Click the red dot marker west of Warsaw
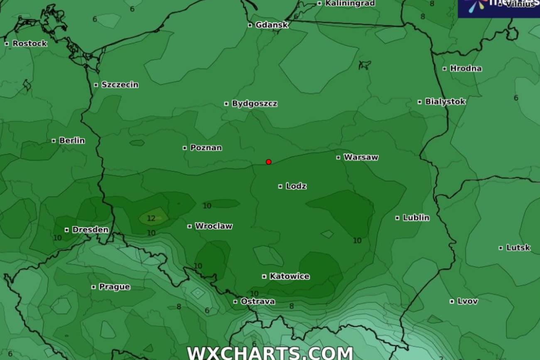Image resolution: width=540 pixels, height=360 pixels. [x=269, y=162]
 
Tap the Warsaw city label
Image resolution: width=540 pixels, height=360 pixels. [x=361, y=157]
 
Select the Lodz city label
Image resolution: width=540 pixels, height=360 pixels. [x=296, y=186]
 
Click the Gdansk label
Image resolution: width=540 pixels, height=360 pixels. [x=272, y=25]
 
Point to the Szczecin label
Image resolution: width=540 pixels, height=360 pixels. [x=120, y=85]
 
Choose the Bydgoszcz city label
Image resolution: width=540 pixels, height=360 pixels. [x=254, y=103]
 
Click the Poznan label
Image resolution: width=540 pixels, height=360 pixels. [x=206, y=148]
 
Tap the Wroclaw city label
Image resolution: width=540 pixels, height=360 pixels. [x=214, y=226]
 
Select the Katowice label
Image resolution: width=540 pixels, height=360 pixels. [x=289, y=277]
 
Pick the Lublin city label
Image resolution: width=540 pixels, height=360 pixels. [x=416, y=218]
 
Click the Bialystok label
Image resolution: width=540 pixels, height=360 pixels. [x=445, y=102]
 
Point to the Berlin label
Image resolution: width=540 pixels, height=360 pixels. [x=72, y=140]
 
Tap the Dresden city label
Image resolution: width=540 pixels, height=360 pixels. [x=90, y=230]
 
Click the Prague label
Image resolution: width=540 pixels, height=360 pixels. [x=114, y=287]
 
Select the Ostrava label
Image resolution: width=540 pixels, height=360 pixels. [x=258, y=301]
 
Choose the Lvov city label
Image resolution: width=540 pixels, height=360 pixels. [x=467, y=301]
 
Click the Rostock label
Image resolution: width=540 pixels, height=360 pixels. [x=29, y=44]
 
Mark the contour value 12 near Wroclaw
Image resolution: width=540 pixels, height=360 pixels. [x=151, y=218]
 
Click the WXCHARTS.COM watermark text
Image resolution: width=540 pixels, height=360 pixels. [x=270, y=353]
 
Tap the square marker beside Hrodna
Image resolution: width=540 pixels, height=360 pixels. [x=444, y=69]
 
